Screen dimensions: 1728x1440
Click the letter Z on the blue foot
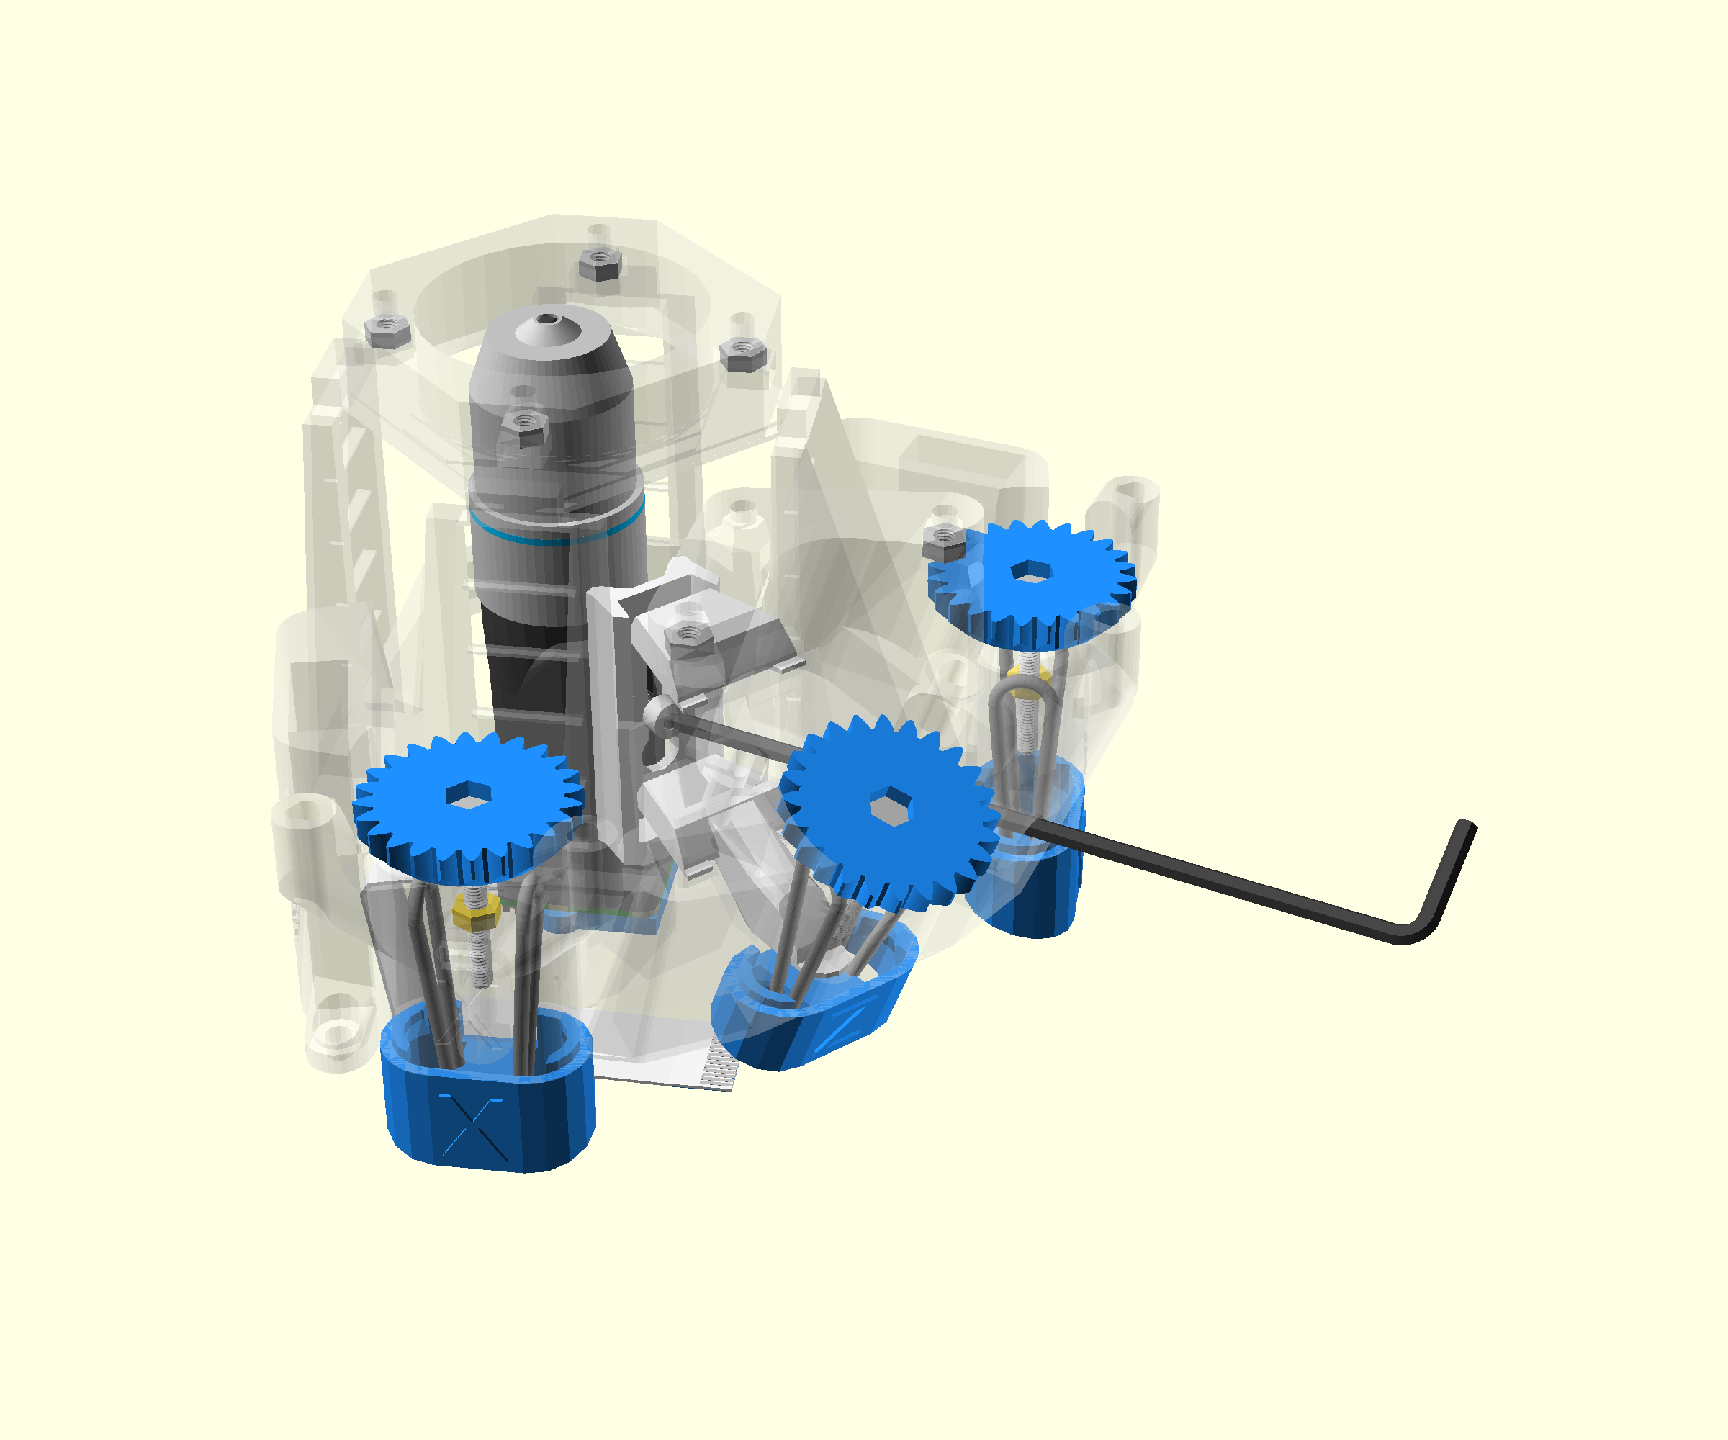(x=840, y=1030)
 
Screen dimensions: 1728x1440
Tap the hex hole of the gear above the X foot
(x=468, y=794)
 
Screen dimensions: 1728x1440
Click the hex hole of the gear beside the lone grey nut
(x=1030, y=571)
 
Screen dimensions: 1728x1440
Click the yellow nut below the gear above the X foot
(x=477, y=911)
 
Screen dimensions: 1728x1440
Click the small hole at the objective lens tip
(x=546, y=318)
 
